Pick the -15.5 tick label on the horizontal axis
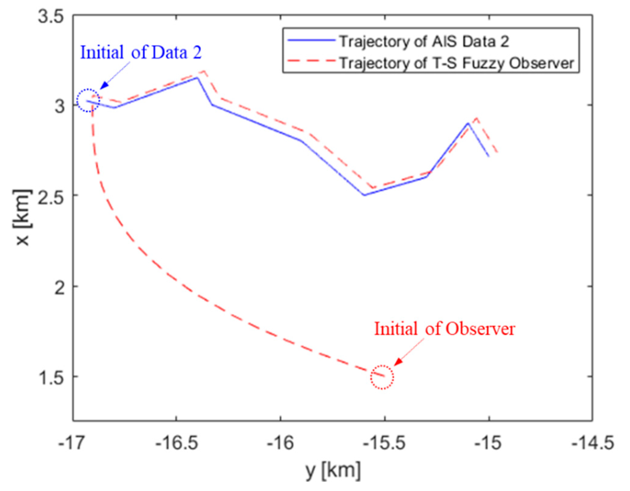[384, 443]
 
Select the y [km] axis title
[333, 472]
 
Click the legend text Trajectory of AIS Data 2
[424, 41]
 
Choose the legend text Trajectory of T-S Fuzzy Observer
[456, 63]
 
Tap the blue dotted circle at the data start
[88, 101]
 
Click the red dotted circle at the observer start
[382, 377]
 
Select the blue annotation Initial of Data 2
[141, 52]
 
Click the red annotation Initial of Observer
[444, 329]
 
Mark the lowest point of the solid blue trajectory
[364, 195]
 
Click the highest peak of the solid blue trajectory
[197, 78]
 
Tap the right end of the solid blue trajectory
[489, 156]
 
